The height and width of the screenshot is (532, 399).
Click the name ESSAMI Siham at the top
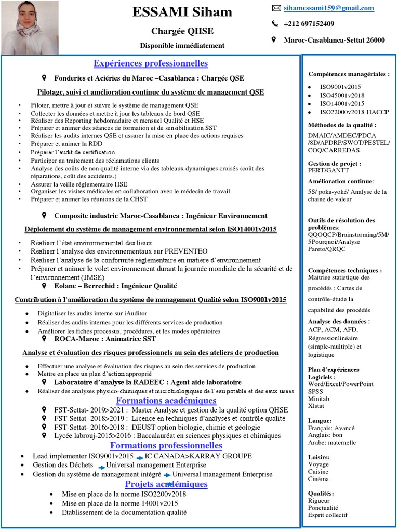point(182,12)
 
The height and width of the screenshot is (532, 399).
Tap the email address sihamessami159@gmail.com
point(329,8)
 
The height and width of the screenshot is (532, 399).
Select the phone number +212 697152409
point(309,24)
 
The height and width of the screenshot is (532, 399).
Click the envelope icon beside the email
point(276,8)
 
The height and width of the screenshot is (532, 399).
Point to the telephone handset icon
point(275,24)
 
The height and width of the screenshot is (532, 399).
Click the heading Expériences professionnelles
point(151,63)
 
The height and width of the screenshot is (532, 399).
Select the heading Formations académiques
point(158,401)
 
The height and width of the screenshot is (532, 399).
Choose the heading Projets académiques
point(166,484)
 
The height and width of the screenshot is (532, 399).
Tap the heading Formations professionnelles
point(166,446)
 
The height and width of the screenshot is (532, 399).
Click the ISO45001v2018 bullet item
point(342,96)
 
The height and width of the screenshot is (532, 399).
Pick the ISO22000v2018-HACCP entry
point(354,112)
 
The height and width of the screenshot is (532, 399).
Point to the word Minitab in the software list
point(320,399)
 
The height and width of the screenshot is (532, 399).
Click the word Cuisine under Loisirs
point(318,472)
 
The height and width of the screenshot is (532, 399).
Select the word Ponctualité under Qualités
point(323,508)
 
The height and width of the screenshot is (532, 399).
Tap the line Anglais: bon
point(325,435)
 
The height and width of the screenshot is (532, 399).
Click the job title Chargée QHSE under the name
point(182,31)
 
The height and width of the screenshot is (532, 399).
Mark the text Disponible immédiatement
point(182,46)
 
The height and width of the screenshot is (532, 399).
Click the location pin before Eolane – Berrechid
point(44,286)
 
